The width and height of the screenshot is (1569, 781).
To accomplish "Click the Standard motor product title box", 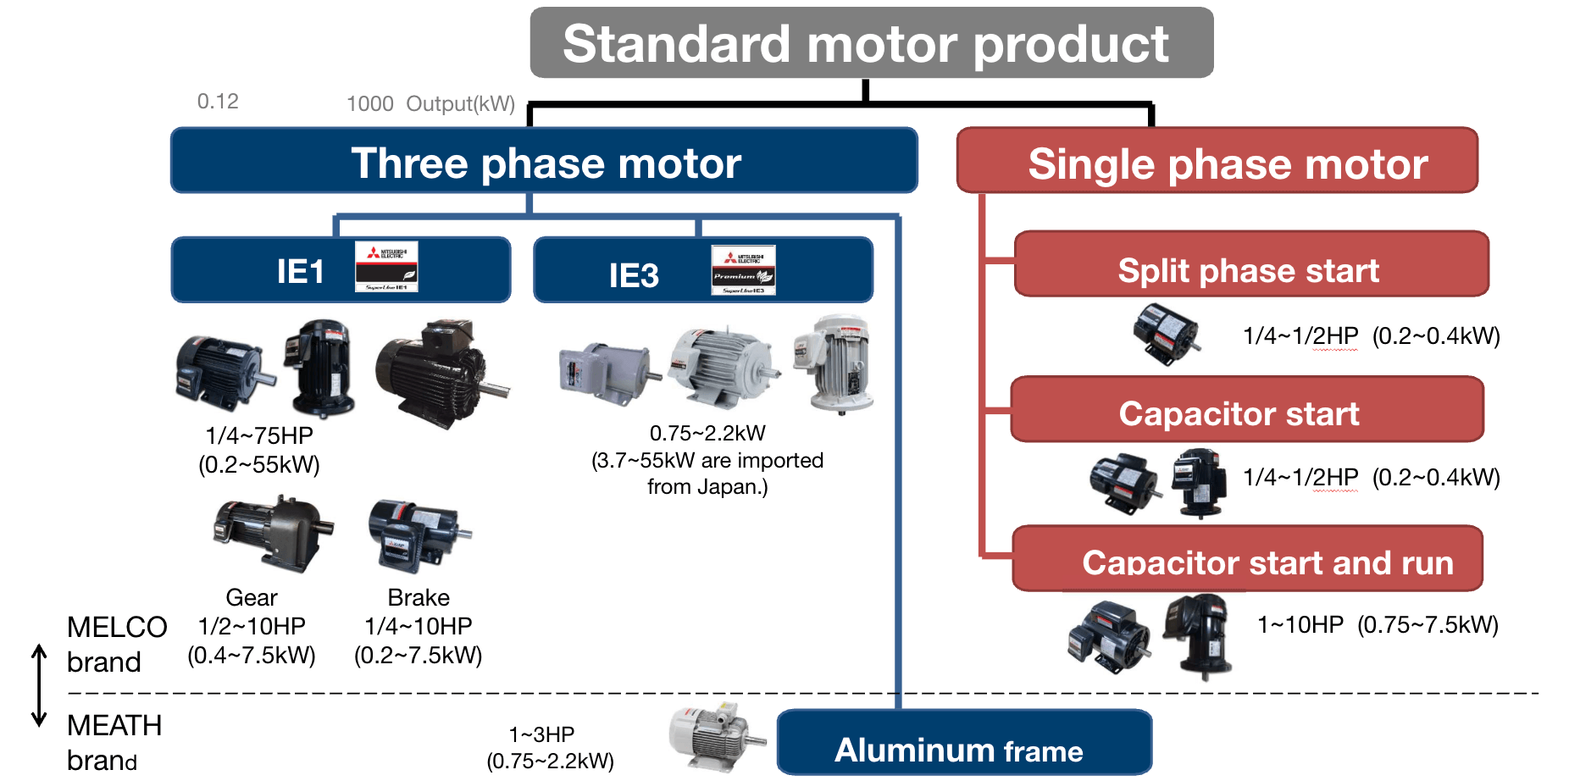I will click(x=871, y=43).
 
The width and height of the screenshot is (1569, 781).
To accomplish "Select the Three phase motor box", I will click(x=544, y=161).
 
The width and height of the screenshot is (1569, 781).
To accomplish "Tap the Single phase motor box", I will click(x=1217, y=161).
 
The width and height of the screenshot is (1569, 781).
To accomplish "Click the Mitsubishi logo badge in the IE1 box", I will click(x=386, y=267).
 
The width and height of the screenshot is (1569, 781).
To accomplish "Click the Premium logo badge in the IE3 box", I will click(x=743, y=271).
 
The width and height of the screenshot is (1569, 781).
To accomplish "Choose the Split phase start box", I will click(x=1250, y=264).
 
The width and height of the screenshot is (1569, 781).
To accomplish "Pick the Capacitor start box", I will click(x=1246, y=410).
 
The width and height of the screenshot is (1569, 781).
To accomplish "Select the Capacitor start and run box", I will click(x=1247, y=559).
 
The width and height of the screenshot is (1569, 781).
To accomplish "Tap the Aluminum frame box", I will click(x=963, y=743).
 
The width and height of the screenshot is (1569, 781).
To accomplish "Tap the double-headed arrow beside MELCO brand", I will click(x=39, y=685).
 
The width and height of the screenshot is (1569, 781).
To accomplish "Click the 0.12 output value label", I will click(x=218, y=102).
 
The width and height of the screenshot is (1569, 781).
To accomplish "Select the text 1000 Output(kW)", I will click(x=430, y=104).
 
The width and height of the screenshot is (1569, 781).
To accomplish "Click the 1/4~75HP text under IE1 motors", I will click(x=259, y=435).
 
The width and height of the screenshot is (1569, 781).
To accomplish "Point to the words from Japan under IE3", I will click(x=707, y=487).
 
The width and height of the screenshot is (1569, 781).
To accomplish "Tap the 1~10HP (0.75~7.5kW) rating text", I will click(x=1378, y=625).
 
